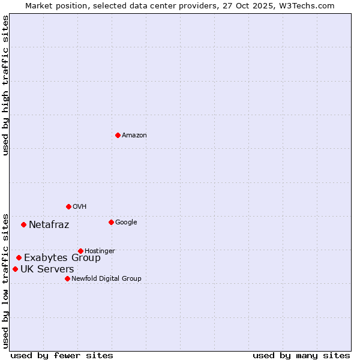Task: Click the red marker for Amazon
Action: (118, 135)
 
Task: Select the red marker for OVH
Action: (68, 206)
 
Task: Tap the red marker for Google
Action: (111, 222)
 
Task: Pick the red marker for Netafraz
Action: (23, 224)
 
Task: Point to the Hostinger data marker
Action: (80, 251)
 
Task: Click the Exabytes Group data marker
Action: (19, 257)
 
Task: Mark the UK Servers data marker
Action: (15, 269)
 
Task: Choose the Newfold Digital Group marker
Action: (67, 278)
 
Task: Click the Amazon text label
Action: (134, 136)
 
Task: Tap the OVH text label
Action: (80, 207)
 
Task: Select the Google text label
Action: (126, 223)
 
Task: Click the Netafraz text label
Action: (49, 225)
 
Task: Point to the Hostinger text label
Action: (100, 251)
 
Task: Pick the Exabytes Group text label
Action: (62, 258)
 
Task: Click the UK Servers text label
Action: (47, 269)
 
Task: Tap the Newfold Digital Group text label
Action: (106, 279)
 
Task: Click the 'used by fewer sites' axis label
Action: (62, 355)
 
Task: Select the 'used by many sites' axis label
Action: (301, 355)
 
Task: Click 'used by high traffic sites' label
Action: (5, 85)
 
